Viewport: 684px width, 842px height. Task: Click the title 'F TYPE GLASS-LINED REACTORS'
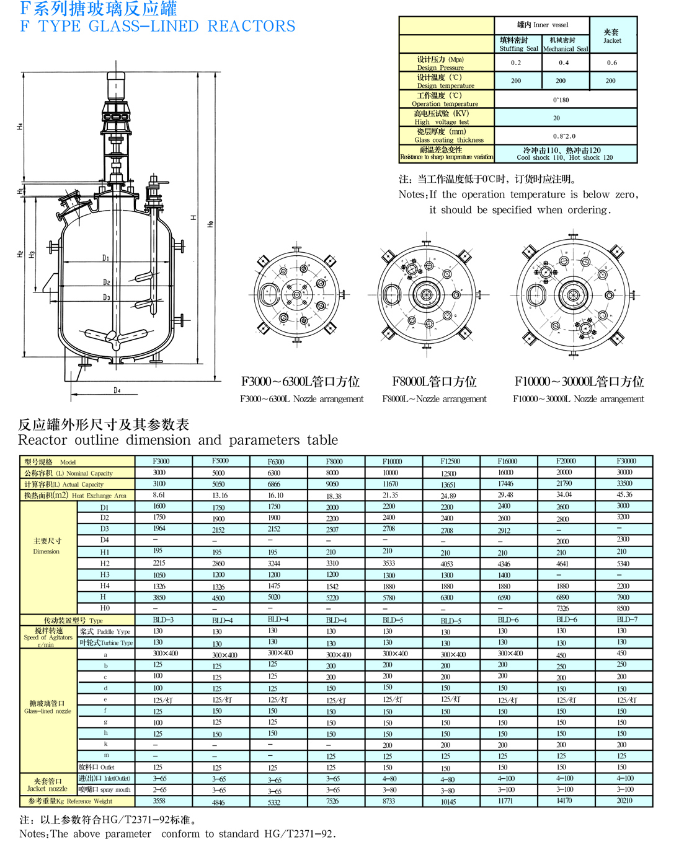pos(158,27)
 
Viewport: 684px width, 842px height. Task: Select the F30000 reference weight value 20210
pos(624,800)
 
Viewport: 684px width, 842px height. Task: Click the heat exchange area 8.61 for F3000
pos(159,495)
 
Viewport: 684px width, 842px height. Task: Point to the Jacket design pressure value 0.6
pos(612,63)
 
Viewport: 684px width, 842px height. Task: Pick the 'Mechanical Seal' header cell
pos(565,45)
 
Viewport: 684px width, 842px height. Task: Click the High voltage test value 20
pos(556,118)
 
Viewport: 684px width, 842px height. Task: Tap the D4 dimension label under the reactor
pos(117,390)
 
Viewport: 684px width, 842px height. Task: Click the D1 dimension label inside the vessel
pos(106,258)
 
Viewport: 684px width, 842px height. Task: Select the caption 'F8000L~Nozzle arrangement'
pos(434,399)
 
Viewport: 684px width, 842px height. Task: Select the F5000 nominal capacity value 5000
pos(218,473)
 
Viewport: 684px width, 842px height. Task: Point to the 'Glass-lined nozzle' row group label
pos(48,707)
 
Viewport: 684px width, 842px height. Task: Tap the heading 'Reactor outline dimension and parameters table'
pos(178,440)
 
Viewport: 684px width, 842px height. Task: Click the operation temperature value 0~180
pos(561,100)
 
